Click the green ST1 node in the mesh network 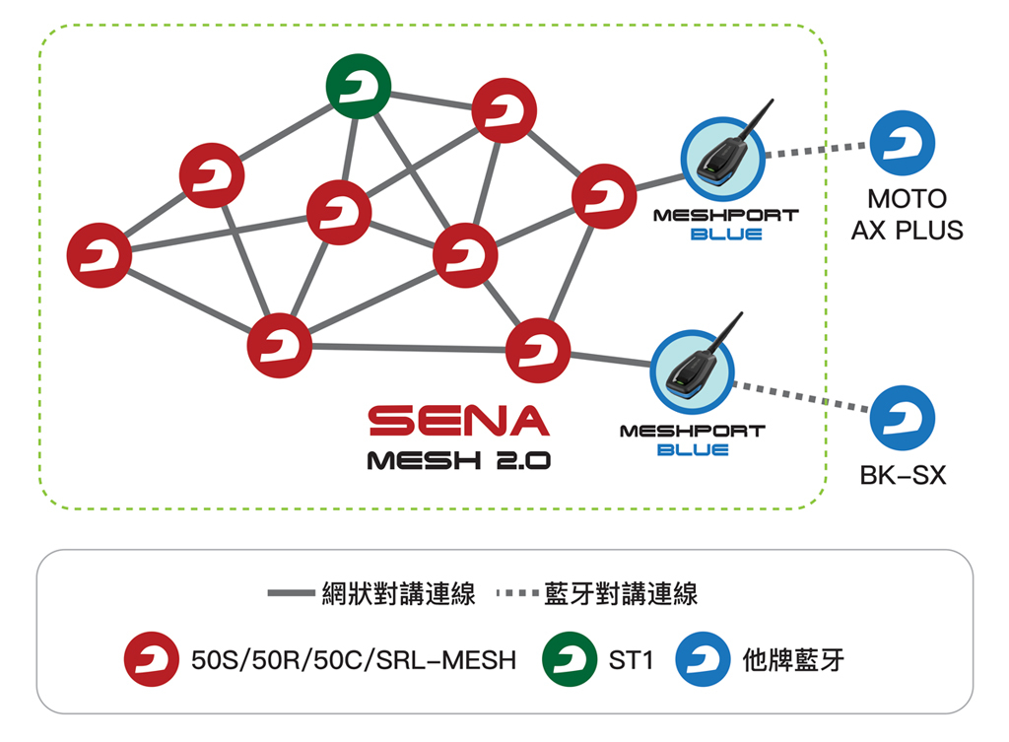click(x=359, y=87)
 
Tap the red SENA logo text click(x=458, y=421)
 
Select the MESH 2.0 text click(x=458, y=460)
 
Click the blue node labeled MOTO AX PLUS click(x=903, y=144)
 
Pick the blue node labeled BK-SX click(x=903, y=418)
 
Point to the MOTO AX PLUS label click(x=907, y=215)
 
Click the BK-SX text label click(x=903, y=476)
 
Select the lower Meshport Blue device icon click(x=694, y=371)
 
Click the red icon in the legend click(x=152, y=658)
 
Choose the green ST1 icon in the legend click(x=571, y=658)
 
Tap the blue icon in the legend click(x=704, y=658)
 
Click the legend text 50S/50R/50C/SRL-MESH click(x=353, y=659)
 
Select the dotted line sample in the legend click(x=514, y=594)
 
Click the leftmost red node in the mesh click(x=100, y=255)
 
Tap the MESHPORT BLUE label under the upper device click(x=725, y=225)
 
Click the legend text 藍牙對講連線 click(x=621, y=594)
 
